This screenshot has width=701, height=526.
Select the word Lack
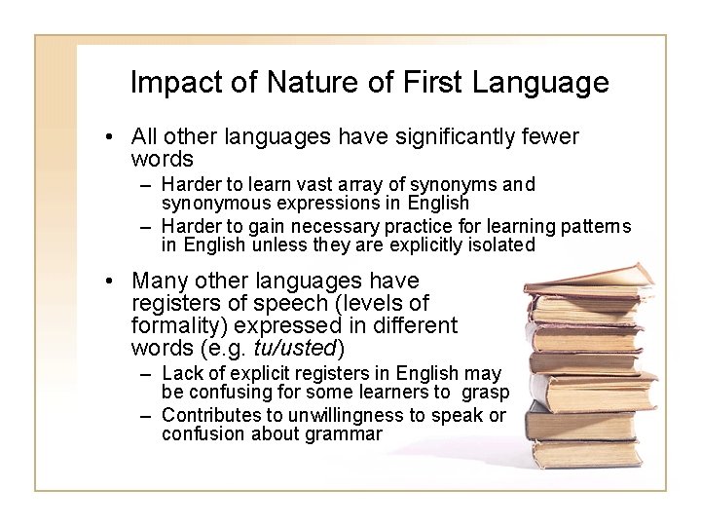[x=181, y=373]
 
